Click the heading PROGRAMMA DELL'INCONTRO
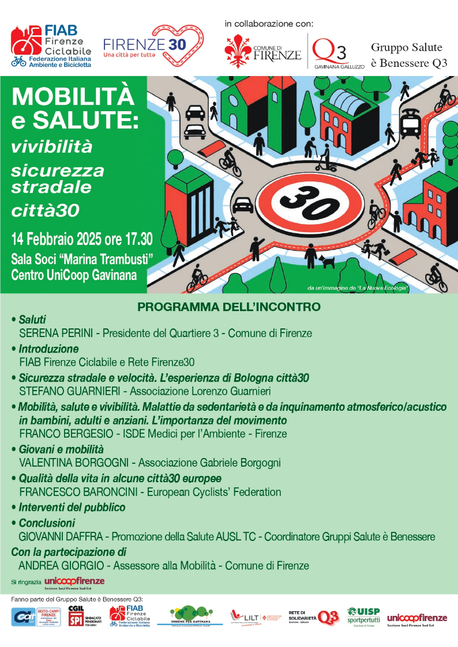pos(229,307)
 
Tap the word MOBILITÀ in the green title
pos(73,96)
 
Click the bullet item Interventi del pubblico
pos(72,508)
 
